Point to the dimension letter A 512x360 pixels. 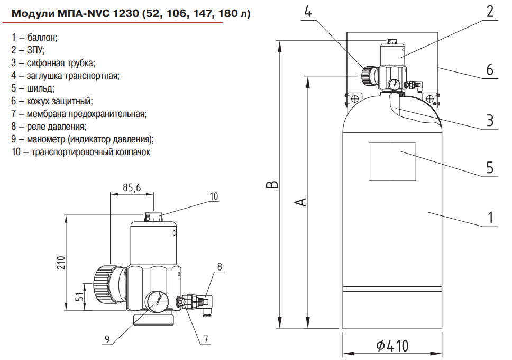pos(300,202)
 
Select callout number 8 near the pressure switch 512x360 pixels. pos(220,266)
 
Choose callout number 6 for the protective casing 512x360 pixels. pos(490,70)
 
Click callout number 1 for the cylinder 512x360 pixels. pos(490,218)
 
